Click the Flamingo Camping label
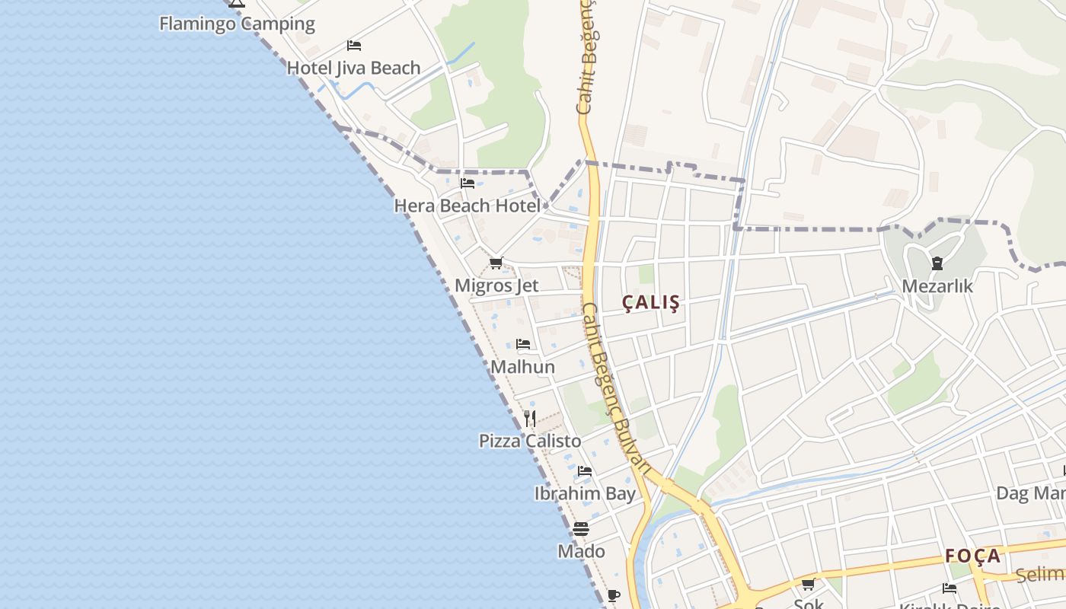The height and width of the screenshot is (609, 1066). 237,24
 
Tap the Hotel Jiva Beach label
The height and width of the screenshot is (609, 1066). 353,68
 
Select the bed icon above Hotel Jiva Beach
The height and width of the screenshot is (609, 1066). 353,46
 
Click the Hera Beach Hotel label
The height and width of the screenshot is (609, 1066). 467,206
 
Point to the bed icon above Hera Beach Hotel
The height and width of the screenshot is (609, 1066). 468,183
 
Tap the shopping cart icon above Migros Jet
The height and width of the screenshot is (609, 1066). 496,263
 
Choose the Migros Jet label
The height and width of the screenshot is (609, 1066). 496,285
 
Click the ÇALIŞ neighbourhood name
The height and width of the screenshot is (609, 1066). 651,302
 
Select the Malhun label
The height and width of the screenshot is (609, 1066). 522,367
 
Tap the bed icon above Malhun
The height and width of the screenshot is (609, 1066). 523,344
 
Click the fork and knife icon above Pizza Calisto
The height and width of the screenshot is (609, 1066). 530,418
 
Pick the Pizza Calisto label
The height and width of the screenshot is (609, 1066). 530,441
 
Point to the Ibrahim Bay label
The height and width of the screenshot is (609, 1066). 585,493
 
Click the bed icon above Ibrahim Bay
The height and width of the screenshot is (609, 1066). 585,471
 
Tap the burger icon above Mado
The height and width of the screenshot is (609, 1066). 581,528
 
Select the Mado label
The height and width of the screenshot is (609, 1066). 582,551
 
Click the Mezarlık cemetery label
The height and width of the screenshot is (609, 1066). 937,286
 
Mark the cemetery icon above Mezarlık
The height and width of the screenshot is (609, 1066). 937,263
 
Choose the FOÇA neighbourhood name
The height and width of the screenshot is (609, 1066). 973,556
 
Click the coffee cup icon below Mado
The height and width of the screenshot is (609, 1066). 614,595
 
